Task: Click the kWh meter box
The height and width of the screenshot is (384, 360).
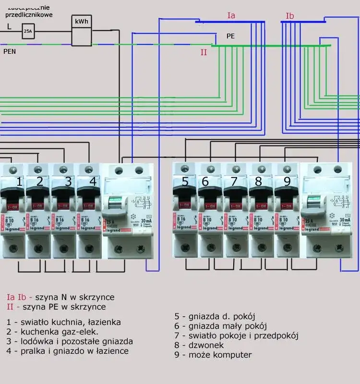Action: (x=81, y=30)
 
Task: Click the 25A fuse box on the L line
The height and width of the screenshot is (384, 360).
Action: (x=28, y=32)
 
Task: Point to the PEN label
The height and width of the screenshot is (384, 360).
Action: (x=10, y=51)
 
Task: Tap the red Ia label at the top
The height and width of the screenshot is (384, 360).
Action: (x=231, y=16)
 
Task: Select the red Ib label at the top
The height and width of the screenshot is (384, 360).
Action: (x=290, y=16)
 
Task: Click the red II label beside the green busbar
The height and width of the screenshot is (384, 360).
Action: (x=204, y=52)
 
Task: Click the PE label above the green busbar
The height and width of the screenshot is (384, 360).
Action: (x=231, y=36)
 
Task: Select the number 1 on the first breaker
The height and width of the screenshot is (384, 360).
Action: (x=19, y=181)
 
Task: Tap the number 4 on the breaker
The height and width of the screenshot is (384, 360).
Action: (x=93, y=181)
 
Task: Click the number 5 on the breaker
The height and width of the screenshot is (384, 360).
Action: (x=185, y=181)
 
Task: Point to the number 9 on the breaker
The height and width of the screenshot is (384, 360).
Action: (x=287, y=181)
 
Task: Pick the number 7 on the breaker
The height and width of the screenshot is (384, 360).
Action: (x=234, y=181)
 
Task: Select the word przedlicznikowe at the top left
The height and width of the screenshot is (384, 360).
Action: (x=29, y=14)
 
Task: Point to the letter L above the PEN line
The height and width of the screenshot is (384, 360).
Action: (x=9, y=27)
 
